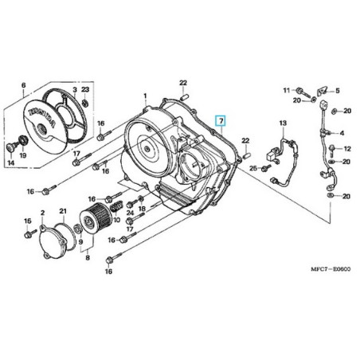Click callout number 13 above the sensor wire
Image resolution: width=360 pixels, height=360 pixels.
(x=281, y=123)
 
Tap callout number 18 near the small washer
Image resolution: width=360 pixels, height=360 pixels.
(x=142, y=208)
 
